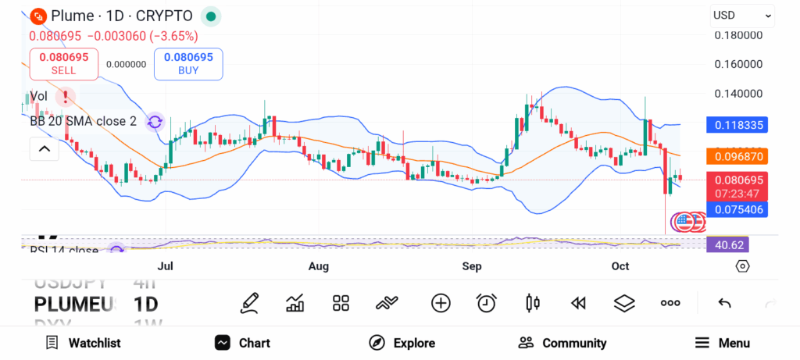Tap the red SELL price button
click(x=63, y=63)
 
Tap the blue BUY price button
click(x=188, y=63)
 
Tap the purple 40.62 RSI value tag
click(x=727, y=244)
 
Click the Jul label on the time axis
click(x=165, y=266)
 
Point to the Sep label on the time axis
click(x=472, y=266)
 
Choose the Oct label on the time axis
click(x=620, y=266)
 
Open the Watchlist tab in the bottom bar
click(x=83, y=343)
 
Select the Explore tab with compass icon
click(x=402, y=343)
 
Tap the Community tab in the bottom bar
click(x=562, y=343)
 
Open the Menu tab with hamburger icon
click(x=722, y=343)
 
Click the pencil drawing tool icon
click(x=249, y=303)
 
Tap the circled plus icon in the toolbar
click(x=441, y=303)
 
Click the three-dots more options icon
click(x=670, y=303)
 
